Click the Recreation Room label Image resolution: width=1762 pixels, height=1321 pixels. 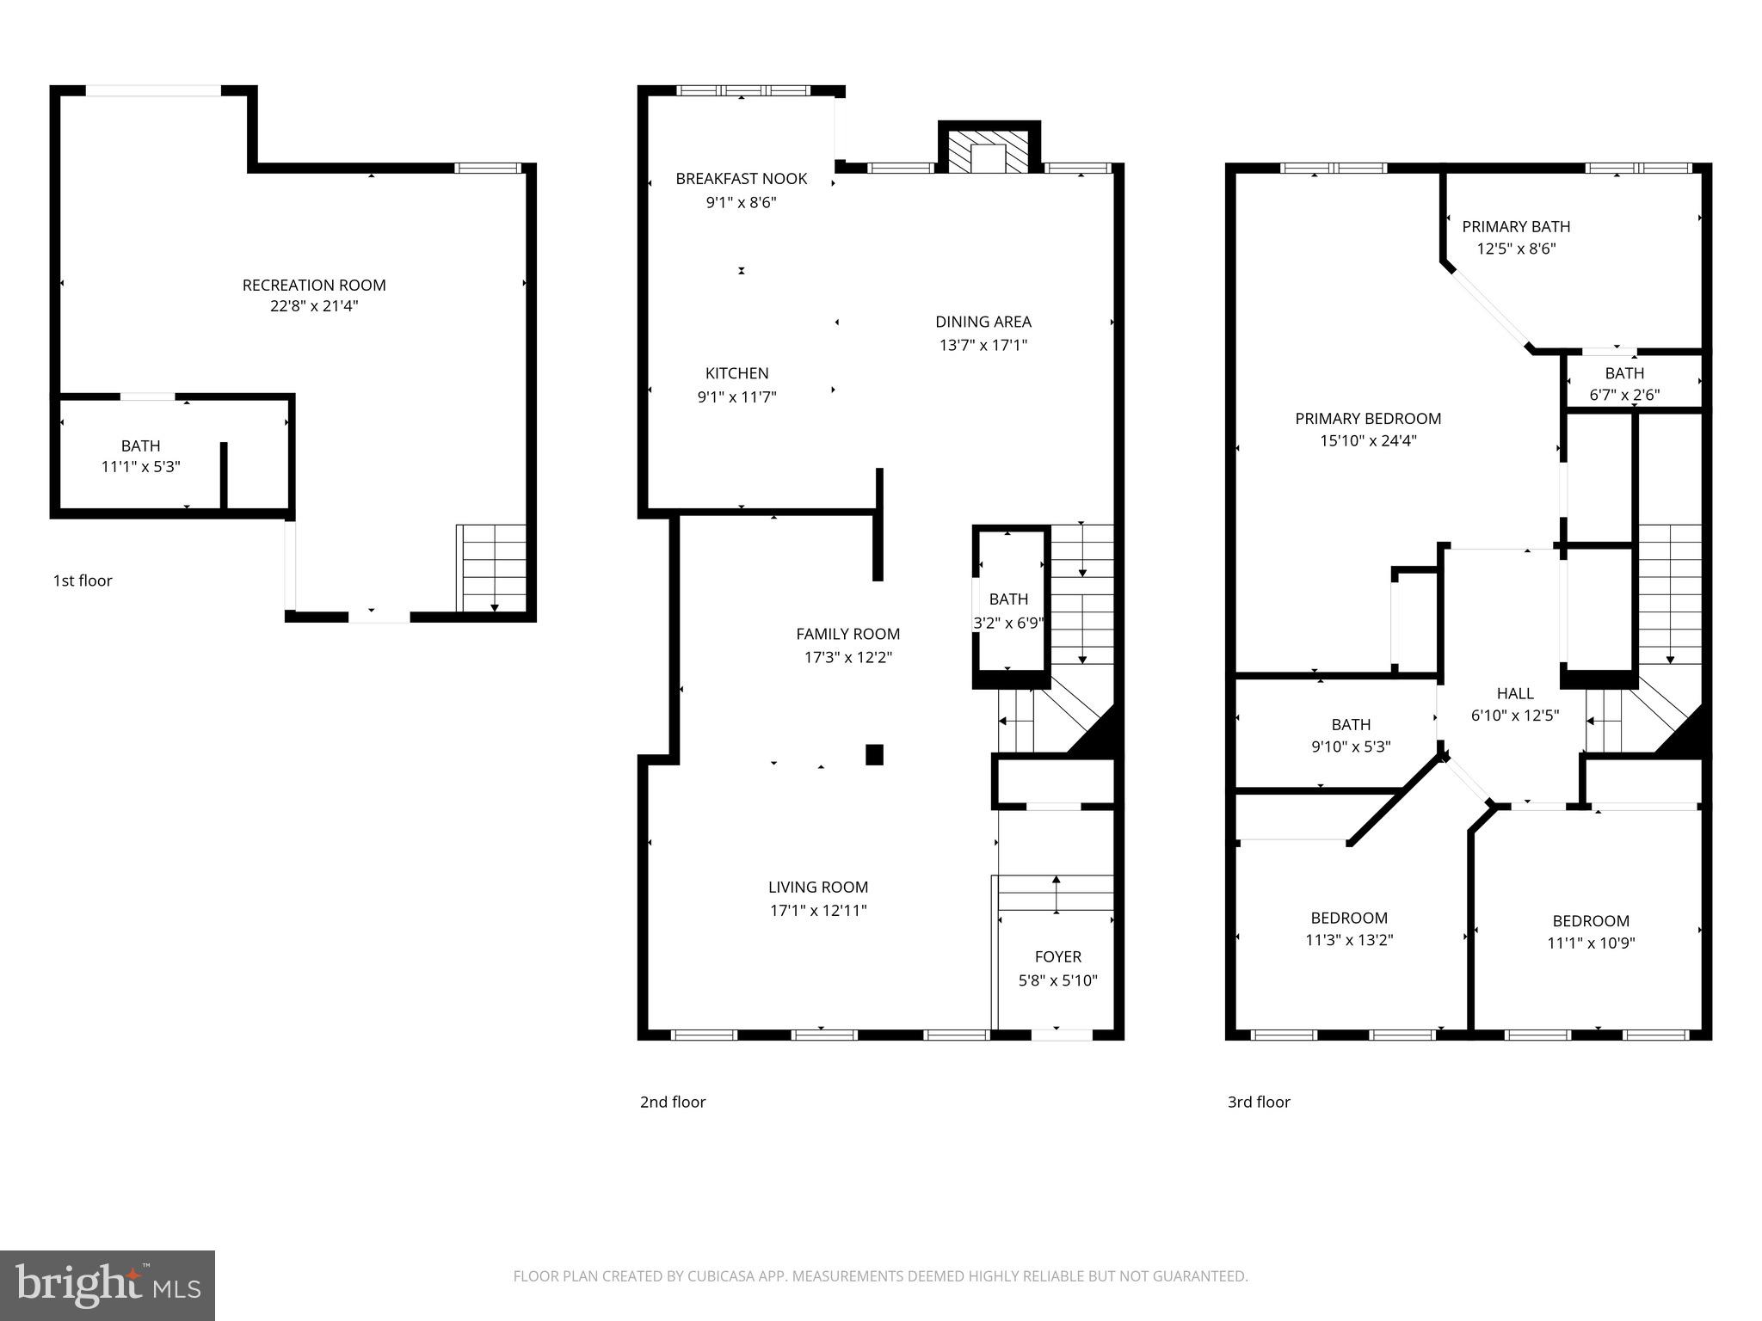[x=314, y=285]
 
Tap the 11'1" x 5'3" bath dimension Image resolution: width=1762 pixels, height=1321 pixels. [x=140, y=467]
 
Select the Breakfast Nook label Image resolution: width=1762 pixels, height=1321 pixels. [x=741, y=179]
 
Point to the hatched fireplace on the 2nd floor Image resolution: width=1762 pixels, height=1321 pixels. [x=989, y=153]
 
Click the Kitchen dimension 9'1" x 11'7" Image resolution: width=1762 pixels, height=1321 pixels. [x=736, y=396]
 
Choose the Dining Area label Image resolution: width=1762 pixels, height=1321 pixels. [x=983, y=322]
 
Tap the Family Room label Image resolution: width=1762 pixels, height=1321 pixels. [x=847, y=634]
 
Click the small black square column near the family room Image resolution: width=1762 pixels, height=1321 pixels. [x=874, y=754]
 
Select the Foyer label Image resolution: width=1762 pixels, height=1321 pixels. [x=1057, y=956]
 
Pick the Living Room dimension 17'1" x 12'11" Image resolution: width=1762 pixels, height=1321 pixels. [x=817, y=910]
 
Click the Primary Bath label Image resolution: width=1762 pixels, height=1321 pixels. [x=1516, y=226]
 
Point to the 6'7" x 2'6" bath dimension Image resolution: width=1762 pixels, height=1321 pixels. [x=1624, y=395]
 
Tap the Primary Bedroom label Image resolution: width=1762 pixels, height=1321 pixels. [x=1368, y=419]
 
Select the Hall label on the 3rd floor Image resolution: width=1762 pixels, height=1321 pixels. [x=1514, y=693]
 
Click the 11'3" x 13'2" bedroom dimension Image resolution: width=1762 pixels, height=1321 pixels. [x=1349, y=940]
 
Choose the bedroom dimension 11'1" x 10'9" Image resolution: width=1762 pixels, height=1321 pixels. [x=1591, y=943]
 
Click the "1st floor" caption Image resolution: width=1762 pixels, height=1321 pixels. [x=83, y=581]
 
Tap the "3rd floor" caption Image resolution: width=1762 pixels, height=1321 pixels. [x=1259, y=1102]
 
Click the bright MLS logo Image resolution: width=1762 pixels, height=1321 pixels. [x=107, y=1285]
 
